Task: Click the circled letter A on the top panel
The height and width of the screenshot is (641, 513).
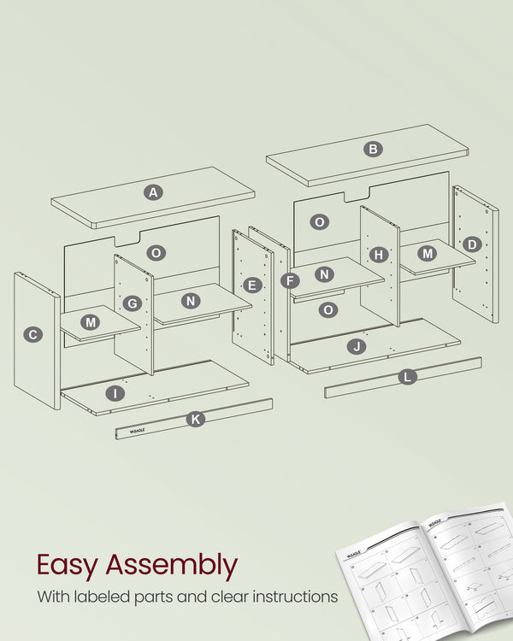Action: tap(153, 192)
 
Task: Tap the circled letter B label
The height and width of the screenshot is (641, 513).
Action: tap(373, 149)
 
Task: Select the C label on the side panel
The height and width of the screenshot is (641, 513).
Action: tap(32, 335)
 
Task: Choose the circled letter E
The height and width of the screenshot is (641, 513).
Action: tap(251, 285)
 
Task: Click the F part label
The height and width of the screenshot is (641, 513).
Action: tap(291, 280)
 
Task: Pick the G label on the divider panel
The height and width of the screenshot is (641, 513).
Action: tap(132, 303)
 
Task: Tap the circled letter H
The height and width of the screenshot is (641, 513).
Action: tap(380, 254)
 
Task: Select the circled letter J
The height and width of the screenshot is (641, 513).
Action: tap(357, 346)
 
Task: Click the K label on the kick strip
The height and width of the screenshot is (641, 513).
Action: tap(196, 419)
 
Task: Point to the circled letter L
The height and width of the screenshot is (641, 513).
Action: tap(408, 376)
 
